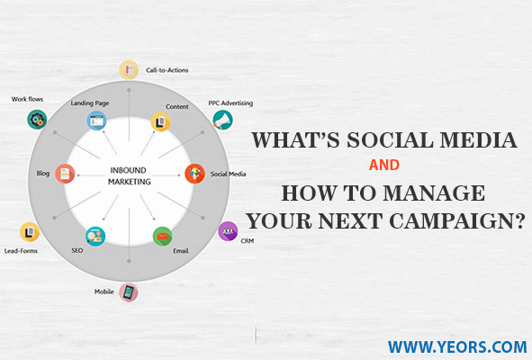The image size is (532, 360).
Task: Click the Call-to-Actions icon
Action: (129, 70)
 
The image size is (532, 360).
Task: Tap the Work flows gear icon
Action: (37, 119)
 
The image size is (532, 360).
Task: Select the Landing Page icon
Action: (96, 121)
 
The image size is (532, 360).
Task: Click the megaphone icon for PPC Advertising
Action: (223, 120)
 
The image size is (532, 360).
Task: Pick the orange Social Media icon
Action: (194, 174)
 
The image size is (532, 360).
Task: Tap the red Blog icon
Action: (65, 174)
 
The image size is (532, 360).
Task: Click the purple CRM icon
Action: (228, 231)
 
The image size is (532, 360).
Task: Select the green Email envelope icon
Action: (163, 237)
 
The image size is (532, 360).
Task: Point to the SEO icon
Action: (95, 237)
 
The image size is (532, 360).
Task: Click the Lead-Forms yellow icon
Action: (30, 232)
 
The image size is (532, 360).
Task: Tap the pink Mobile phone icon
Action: (129, 292)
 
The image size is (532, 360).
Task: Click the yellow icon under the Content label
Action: (160, 121)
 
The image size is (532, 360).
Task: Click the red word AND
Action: (384, 166)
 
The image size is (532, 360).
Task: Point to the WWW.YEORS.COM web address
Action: (457, 347)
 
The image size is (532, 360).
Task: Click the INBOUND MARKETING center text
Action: (129, 175)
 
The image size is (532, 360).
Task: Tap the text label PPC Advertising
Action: (230, 103)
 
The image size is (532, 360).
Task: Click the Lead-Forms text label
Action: (21, 251)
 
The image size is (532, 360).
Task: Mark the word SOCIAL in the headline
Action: (390, 139)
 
